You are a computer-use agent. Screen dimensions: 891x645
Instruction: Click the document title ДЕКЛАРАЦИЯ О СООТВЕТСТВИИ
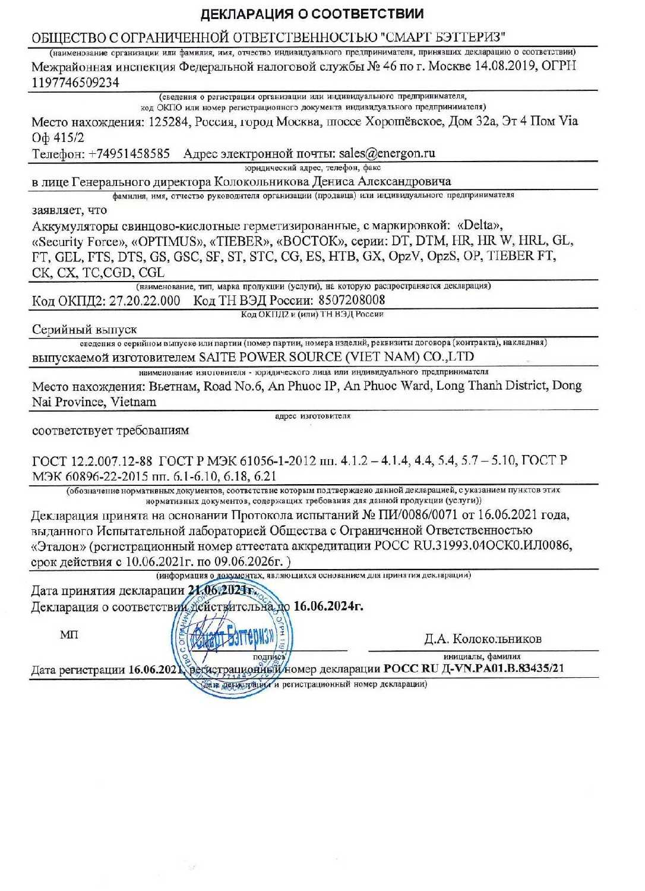click(x=312, y=14)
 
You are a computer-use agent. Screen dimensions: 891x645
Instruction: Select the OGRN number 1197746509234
click(x=75, y=83)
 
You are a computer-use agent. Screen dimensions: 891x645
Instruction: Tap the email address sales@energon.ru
click(x=387, y=153)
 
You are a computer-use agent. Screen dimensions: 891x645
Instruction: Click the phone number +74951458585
click(x=129, y=153)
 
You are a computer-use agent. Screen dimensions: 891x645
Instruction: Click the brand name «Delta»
click(x=480, y=225)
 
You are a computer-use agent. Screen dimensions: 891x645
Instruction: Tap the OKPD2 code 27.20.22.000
click(x=144, y=301)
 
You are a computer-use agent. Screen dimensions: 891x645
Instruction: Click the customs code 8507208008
click(x=351, y=301)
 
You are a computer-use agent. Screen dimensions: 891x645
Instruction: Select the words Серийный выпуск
click(x=84, y=329)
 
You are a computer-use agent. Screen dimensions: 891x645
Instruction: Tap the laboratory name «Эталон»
click(x=58, y=546)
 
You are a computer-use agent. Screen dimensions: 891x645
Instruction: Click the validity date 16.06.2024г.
click(x=328, y=606)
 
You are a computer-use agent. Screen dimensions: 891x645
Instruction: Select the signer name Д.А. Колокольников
click(x=482, y=639)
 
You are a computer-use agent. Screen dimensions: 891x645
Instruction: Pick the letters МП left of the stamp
click(x=69, y=635)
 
